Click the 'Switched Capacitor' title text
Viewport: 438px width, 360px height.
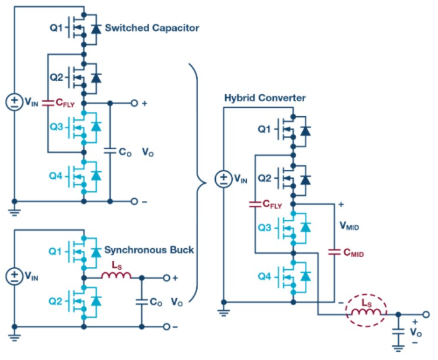tap(152, 28)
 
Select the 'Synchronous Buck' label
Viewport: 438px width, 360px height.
tap(149, 250)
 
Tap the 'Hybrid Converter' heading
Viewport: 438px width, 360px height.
tap(265, 98)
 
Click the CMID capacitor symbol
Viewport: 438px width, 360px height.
tap(334, 252)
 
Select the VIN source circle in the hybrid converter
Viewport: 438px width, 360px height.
tap(223, 179)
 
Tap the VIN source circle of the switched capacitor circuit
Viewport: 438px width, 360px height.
tap(15, 102)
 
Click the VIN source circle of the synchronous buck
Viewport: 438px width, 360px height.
tap(15, 276)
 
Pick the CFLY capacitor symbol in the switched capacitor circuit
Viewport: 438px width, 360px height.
tap(48, 103)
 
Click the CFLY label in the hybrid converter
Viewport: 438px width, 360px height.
tap(272, 205)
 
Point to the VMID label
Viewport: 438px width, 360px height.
tap(349, 225)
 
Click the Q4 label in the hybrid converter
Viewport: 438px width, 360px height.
tap(264, 277)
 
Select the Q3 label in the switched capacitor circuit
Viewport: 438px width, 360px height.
tap(56, 127)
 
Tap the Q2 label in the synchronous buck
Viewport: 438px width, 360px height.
tap(56, 301)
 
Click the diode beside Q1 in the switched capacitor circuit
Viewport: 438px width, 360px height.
tap(97, 29)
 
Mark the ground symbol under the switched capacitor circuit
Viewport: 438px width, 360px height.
tap(15, 212)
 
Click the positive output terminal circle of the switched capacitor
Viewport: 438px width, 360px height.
tap(134, 104)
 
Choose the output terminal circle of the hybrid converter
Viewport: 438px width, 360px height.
tap(426, 315)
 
